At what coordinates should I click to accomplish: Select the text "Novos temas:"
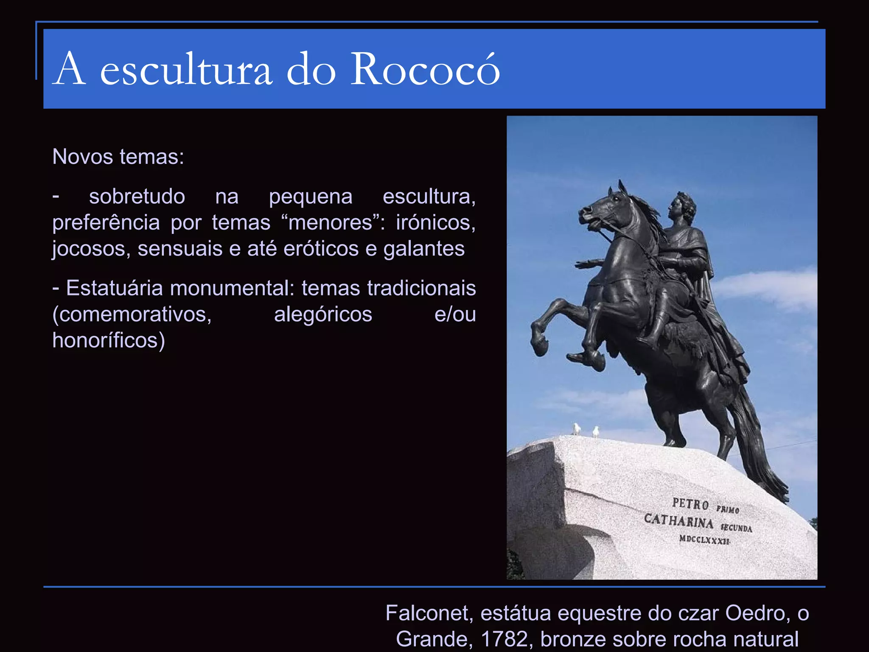(x=118, y=157)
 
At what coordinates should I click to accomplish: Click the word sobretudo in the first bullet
(x=137, y=197)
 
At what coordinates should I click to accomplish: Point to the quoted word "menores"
(x=330, y=222)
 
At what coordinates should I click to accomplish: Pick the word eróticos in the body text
(x=321, y=248)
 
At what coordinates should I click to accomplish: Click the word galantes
(x=424, y=248)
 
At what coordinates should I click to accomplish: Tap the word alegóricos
(x=323, y=314)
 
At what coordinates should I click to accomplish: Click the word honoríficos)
(x=109, y=340)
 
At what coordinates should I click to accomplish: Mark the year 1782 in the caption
(x=504, y=639)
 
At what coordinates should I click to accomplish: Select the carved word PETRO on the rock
(x=690, y=504)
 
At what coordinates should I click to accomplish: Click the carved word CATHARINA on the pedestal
(x=678, y=521)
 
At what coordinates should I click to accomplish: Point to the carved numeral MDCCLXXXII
(x=704, y=540)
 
